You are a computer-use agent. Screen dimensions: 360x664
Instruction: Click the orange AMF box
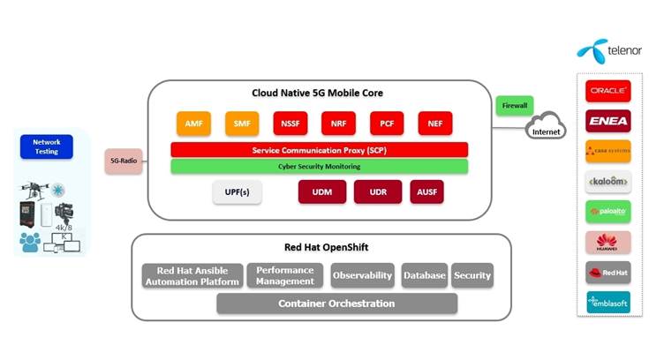coord(193,124)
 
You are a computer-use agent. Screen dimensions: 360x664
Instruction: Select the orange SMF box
coord(241,124)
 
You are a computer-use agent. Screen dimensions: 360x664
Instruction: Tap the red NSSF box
coord(290,124)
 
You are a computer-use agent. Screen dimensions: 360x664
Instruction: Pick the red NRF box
coord(338,124)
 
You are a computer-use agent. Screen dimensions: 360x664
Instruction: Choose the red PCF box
coord(387,124)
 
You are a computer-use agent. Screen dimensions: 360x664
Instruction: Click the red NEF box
coord(435,124)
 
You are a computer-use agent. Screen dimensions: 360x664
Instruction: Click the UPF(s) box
coord(238,192)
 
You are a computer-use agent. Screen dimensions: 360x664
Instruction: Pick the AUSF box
coord(426,192)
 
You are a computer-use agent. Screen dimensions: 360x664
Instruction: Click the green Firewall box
coord(514,106)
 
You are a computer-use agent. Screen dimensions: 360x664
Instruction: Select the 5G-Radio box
coord(123,161)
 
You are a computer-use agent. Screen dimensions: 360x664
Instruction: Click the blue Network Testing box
coord(46,146)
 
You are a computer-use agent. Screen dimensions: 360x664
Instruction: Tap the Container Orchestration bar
coord(336,304)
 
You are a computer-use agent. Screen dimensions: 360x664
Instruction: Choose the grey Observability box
coord(362,275)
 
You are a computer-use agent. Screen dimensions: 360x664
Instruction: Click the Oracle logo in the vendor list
coord(607,92)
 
